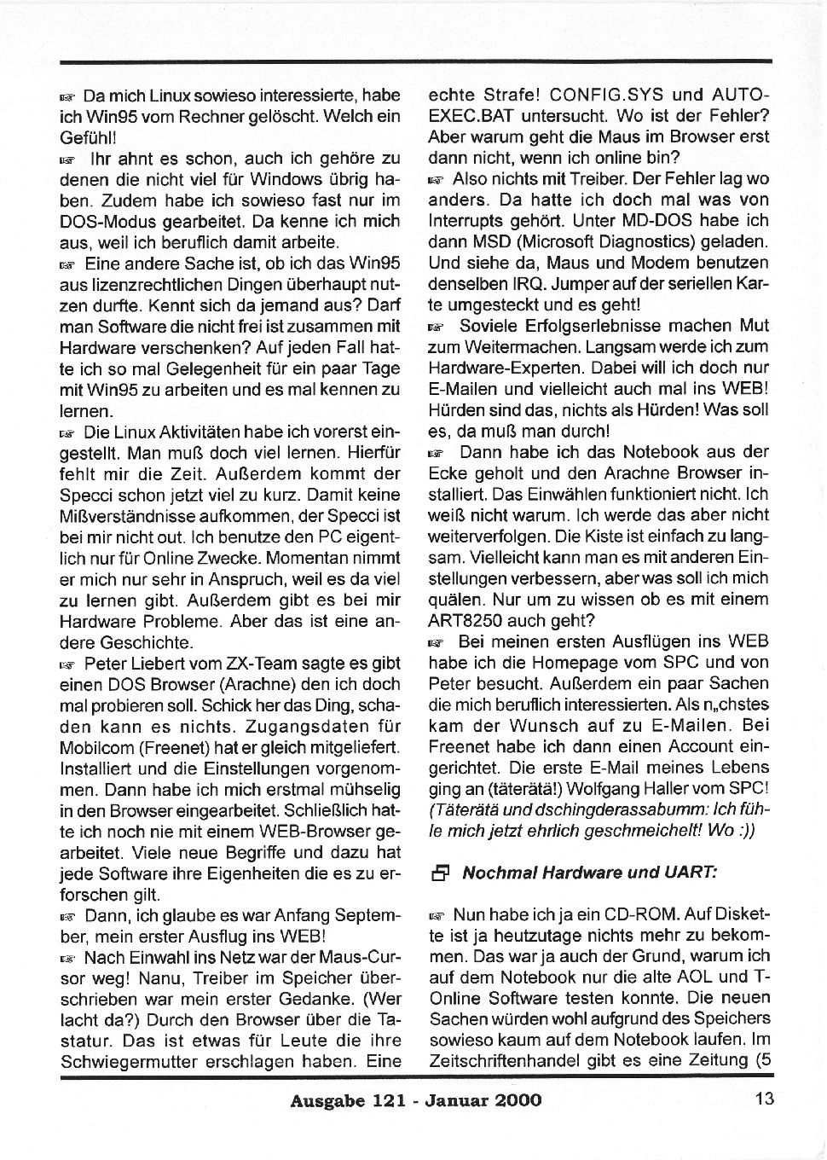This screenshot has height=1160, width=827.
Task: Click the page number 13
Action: (x=765, y=1099)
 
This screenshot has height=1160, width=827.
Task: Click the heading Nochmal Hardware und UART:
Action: (x=590, y=873)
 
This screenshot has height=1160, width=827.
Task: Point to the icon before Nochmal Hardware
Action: (x=440, y=873)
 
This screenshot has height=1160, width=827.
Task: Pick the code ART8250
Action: (x=471, y=620)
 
